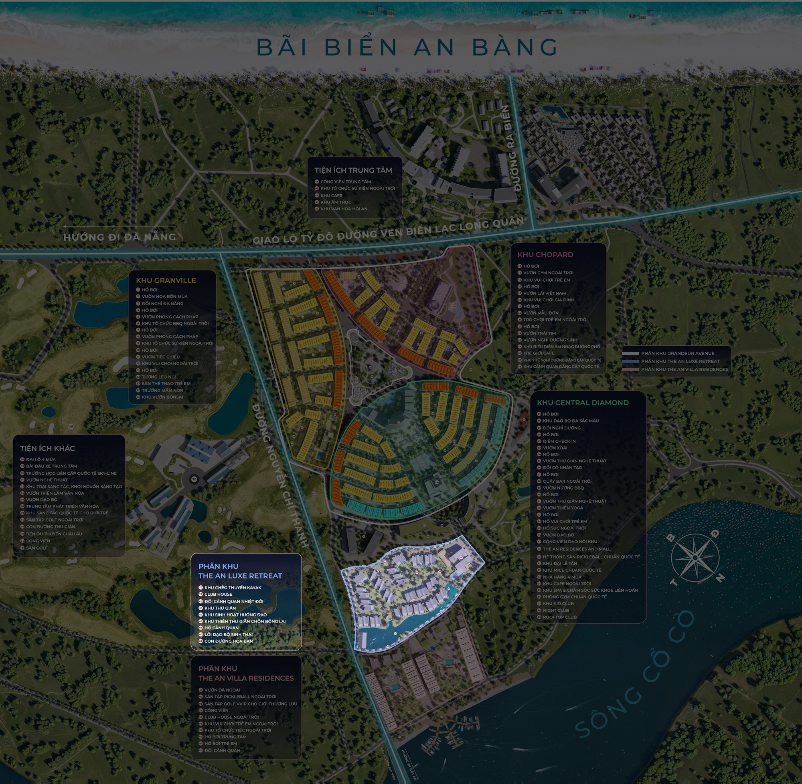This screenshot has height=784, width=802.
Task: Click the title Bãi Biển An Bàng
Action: tap(407, 47)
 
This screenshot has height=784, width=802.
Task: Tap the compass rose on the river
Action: tap(695, 558)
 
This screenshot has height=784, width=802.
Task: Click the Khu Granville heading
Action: tap(166, 280)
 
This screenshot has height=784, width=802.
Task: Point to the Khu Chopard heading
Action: tap(545, 254)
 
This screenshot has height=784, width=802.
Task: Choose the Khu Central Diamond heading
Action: tap(583, 403)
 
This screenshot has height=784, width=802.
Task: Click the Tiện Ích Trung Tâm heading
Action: tap(353, 170)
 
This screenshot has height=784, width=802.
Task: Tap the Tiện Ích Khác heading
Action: tap(47, 448)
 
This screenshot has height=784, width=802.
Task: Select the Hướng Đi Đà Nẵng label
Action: tap(119, 237)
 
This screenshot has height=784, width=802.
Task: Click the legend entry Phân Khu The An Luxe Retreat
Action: tap(680, 361)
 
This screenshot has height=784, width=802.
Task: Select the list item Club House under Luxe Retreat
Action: tap(218, 594)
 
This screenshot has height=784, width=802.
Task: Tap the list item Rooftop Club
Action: tap(560, 617)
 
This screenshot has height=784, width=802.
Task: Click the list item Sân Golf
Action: tap(36, 548)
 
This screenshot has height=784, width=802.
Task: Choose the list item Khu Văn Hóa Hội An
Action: tap(344, 209)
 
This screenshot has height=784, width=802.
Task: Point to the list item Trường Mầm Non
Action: tap(162, 390)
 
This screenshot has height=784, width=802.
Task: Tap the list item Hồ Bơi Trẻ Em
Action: tap(221, 743)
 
